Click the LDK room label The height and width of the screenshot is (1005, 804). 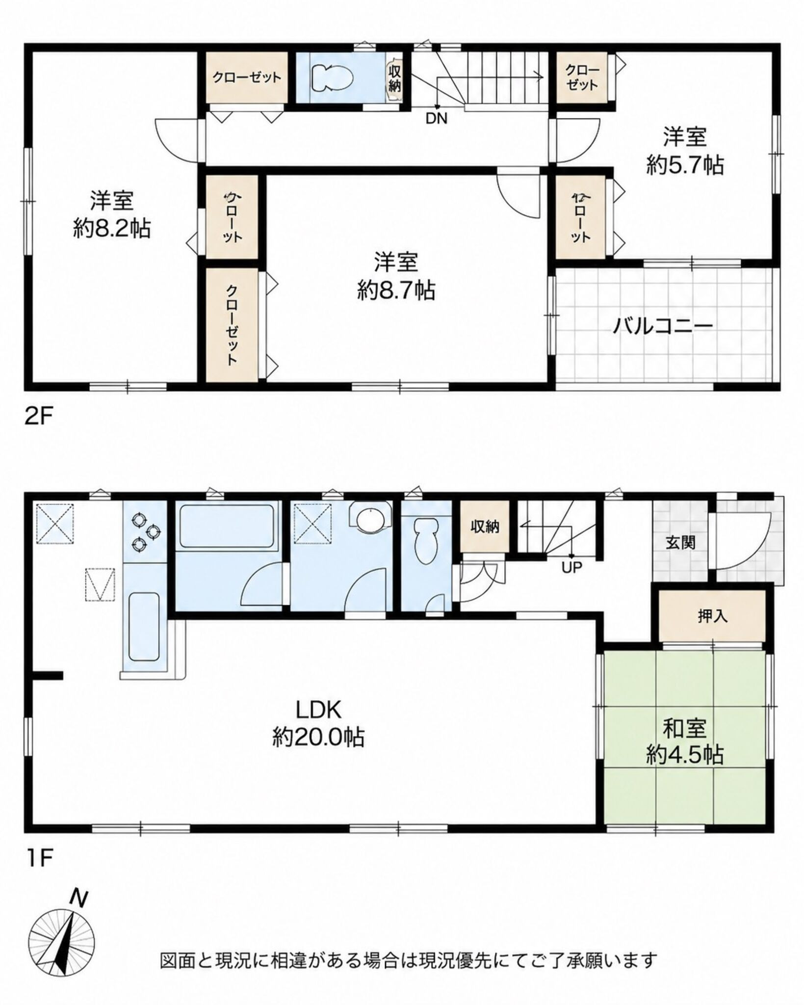(318, 721)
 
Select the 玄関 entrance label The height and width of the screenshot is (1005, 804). (680, 543)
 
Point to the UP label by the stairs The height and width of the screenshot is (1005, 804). (571, 568)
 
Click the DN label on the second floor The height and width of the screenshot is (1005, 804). (436, 118)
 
